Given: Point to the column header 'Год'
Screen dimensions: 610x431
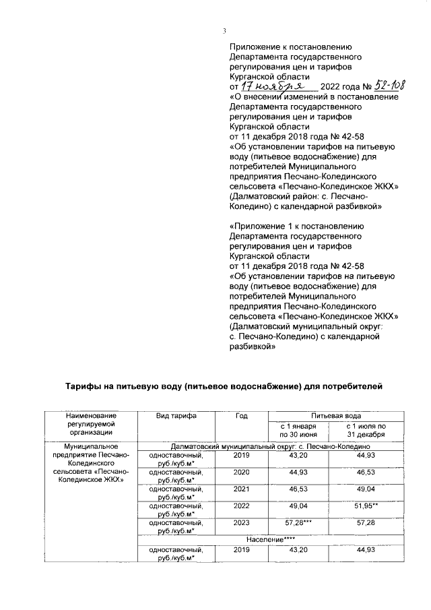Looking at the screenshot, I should pyautogui.click(x=240, y=416).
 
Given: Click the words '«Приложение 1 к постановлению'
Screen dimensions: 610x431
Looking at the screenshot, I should pyautogui.click(x=296, y=227).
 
